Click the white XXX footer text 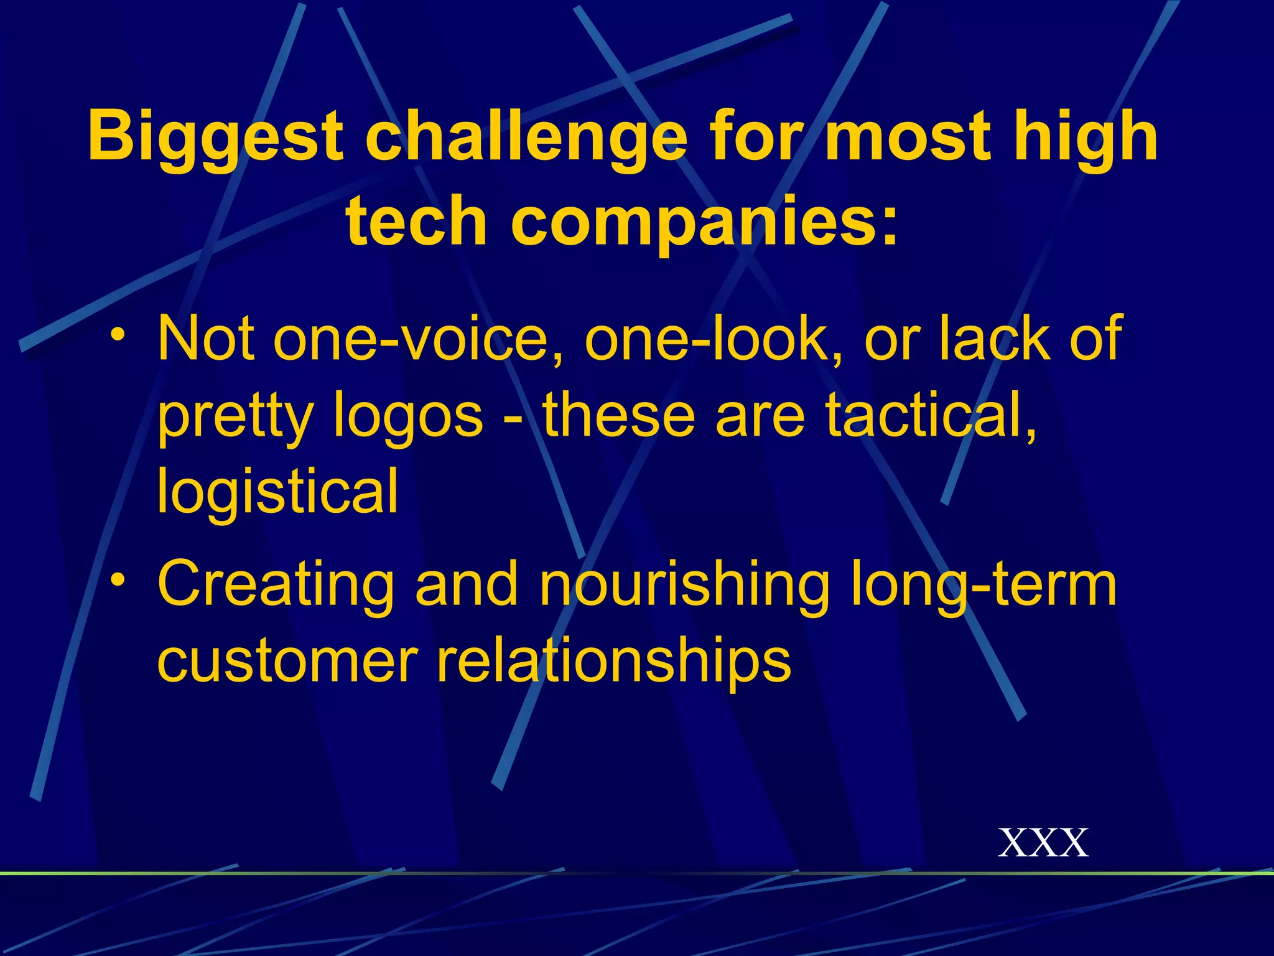[x=1043, y=843]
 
